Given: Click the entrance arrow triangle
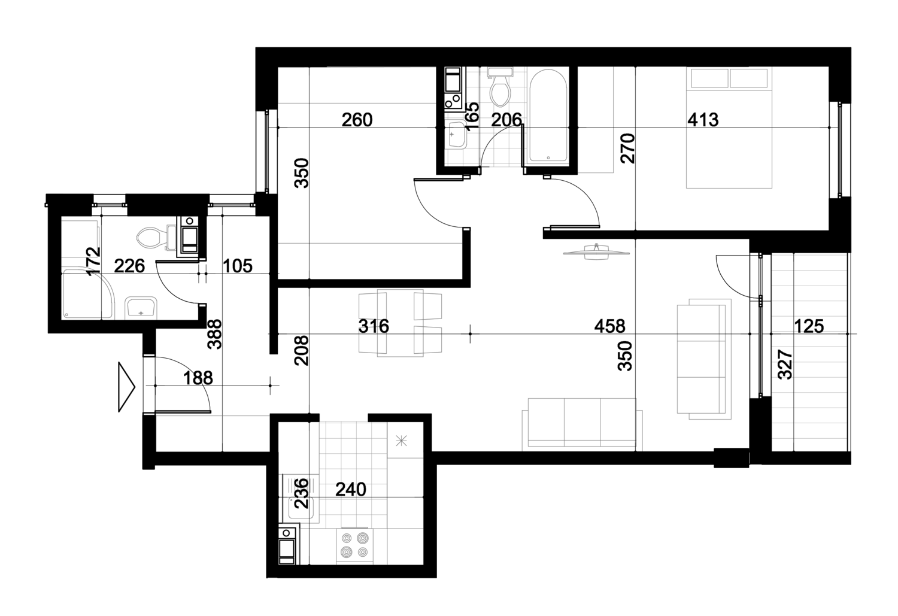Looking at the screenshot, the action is pyautogui.click(x=126, y=387).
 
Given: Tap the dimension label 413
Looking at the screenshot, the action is pyautogui.click(x=703, y=120).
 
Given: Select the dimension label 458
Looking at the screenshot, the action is pyautogui.click(x=609, y=326).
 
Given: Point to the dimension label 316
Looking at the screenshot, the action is pyautogui.click(x=373, y=326).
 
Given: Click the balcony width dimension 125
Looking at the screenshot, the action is pyautogui.click(x=809, y=326).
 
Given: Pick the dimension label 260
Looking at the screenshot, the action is pyautogui.click(x=357, y=120).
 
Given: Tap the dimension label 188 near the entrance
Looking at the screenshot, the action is pyautogui.click(x=198, y=378).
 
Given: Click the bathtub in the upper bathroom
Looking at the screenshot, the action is pyautogui.click(x=548, y=116).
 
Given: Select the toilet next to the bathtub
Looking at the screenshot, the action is pyautogui.click(x=500, y=87).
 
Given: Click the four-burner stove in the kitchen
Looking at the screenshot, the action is pyautogui.click(x=354, y=545).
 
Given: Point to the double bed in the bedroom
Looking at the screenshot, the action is pyautogui.click(x=729, y=128).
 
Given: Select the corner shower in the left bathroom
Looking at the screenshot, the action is pyautogui.click(x=88, y=294).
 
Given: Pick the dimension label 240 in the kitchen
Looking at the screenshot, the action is pyautogui.click(x=350, y=489).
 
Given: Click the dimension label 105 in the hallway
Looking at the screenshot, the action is pyautogui.click(x=237, y=266).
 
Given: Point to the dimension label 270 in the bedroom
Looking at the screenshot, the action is pyautogui.click(x=628, y=148).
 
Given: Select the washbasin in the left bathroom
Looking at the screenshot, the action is pyautogui.click(x=140, y=308).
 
